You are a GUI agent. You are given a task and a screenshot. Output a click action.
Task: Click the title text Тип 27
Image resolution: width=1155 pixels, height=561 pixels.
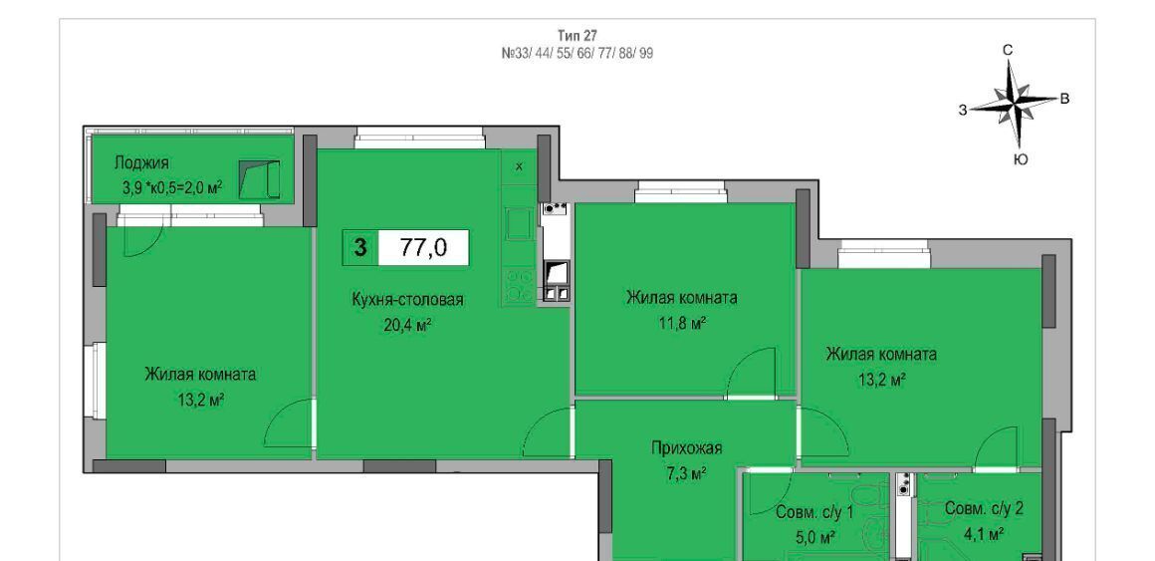coord(577,35)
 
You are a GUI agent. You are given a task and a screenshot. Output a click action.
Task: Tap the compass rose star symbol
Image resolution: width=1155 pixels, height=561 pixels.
coord(1014,104)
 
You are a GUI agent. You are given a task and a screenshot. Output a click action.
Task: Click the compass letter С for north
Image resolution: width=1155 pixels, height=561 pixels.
coord(1009,50)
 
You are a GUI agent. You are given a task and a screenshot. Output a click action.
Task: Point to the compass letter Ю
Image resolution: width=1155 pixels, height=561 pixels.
coord(1021,159)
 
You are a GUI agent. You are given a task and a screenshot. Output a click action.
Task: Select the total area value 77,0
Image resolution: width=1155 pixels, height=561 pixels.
coord(423,248)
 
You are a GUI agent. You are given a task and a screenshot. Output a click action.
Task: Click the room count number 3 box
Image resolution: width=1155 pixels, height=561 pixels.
coord(360,248)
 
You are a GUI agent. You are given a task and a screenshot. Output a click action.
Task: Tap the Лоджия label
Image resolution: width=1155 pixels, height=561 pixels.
coord(141,162)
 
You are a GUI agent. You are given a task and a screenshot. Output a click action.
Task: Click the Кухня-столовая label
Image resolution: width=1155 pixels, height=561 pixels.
coord(407,299)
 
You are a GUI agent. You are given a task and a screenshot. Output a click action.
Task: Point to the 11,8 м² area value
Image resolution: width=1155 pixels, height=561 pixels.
coord(682,322)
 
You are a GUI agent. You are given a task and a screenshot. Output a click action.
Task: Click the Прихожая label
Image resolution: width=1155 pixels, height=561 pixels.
coord(686,447)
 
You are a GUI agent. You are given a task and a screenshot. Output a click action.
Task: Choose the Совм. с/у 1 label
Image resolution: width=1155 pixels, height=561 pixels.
coord(813,512)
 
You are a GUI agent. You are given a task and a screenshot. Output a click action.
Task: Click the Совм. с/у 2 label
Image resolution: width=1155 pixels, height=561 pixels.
coord(984,508)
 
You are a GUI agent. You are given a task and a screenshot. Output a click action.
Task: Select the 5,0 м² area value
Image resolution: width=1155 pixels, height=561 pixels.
coord(813,537)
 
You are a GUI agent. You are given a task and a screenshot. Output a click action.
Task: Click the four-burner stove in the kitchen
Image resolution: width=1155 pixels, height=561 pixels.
coord(520,285)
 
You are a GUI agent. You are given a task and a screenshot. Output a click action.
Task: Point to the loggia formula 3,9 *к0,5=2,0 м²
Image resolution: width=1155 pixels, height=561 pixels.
coord(172,188)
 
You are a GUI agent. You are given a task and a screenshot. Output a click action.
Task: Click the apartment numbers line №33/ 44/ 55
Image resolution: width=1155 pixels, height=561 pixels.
coord(577,53)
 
